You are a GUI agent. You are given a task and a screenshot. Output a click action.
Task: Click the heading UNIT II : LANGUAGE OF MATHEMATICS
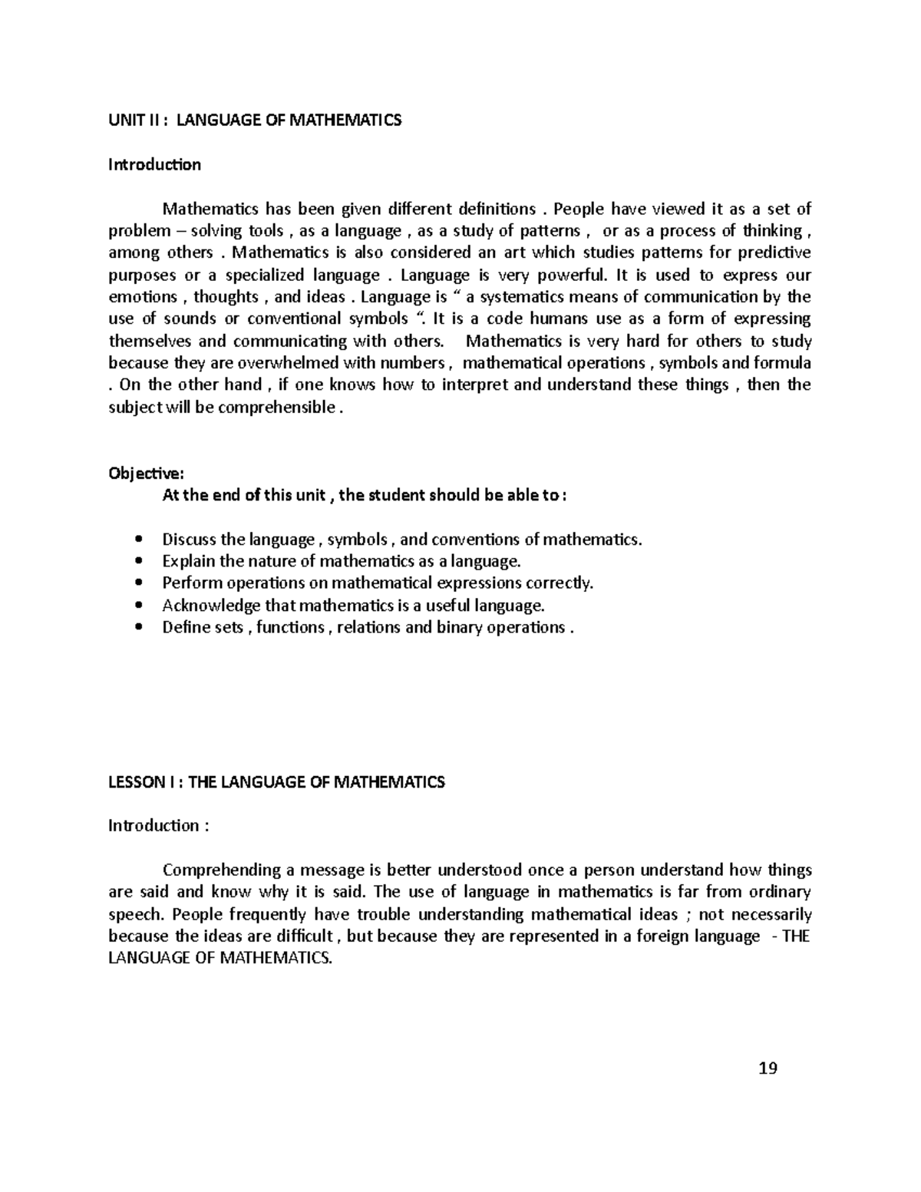pos(255,121)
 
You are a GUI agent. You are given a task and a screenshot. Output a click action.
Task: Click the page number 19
pos(767,1068)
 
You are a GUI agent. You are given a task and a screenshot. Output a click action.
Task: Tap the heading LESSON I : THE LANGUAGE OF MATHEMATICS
pos(276,782)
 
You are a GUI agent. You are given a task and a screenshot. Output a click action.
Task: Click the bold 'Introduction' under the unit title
pos(154,165)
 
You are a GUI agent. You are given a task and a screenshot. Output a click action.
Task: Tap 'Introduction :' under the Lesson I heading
pos(158,826)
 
